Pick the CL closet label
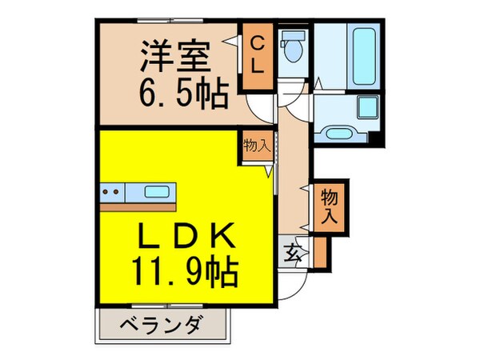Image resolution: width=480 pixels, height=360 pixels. click(x=257, y=54)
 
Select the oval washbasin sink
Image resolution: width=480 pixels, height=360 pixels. click(x=336, y=131)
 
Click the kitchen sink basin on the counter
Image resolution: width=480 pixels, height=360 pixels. click(x=157, y=192)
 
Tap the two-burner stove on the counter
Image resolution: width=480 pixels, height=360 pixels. click(x=112, y=192)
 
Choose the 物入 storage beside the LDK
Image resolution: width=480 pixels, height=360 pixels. click(x=256, y=147)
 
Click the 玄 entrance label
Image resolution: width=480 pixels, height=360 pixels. click(x=291, y=255)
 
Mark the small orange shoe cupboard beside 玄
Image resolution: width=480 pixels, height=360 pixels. click(x=321, y=251)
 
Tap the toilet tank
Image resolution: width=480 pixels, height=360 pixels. click(x=294, y=36)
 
